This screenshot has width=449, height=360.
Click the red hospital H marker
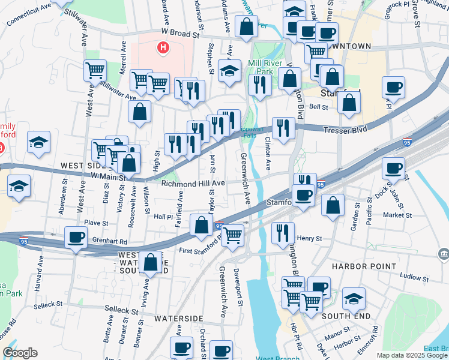coord(162,47)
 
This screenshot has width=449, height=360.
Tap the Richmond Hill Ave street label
coord(192,183)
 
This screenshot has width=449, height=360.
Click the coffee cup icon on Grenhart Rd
coord(76,238)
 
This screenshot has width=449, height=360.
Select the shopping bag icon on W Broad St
coord(246,26)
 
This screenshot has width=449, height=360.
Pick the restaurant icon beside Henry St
coord(282,232)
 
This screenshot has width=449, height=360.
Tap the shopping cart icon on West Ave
coord(95,70)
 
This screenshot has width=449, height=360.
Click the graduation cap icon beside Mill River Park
coord(229,70)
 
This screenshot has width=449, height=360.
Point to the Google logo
coord(20,353)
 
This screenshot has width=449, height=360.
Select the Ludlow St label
coord(412,277)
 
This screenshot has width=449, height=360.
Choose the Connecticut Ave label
coord(29,16)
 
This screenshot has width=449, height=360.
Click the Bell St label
coord(318,107)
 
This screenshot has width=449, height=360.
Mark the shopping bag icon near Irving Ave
coord(151,262)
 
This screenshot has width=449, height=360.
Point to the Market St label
coord(398,215)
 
